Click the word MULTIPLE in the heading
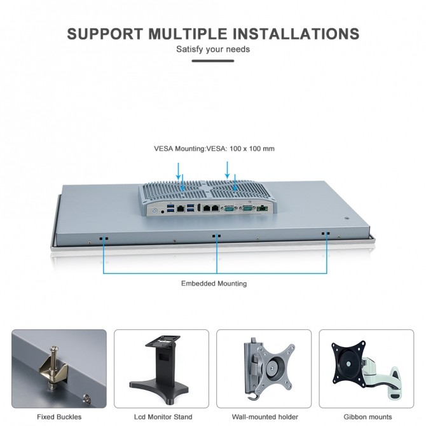coord(188,34)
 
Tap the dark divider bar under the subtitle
coord(213,61)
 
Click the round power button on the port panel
coord(155,210)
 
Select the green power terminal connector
coord(263,209)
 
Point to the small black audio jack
coord(163,211)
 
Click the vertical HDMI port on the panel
coord(199,207)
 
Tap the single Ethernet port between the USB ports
coord(181,209)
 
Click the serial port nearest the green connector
coord(247,209)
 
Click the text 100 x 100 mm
coord(252,149)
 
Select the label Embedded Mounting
coord(214,284)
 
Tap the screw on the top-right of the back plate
coord(347,218)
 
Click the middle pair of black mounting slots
coord(217,236)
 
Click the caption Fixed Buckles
coord(59,416)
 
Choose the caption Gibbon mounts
coord(368,416)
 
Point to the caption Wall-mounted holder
coord(265,416)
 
